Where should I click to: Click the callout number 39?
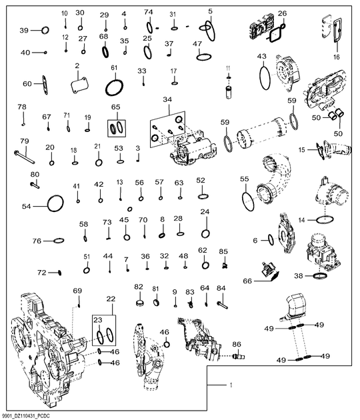click(24, 30)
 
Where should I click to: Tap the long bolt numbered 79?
click(24, 157)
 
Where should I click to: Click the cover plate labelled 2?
click(79, 85)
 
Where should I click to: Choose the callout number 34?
click(167, 99)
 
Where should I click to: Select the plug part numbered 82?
click(139, 303)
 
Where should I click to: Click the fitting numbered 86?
click(239, 356)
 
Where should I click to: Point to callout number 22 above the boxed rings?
click(111, 299)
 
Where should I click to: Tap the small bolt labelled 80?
click(35, 185)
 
